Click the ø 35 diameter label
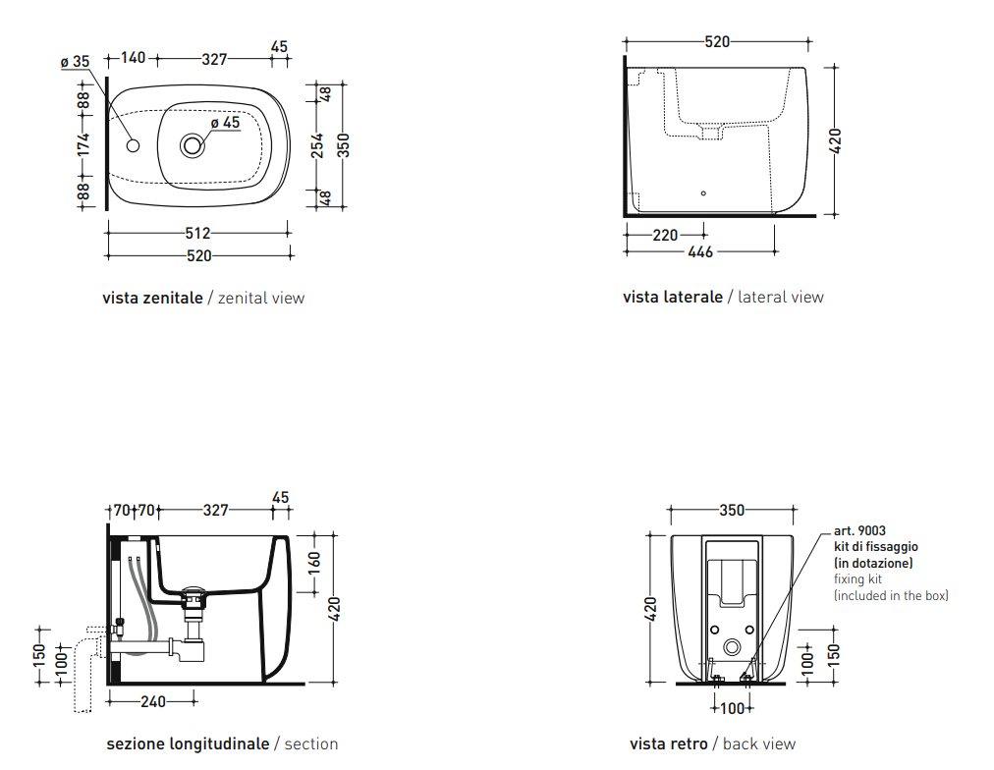(75, 62)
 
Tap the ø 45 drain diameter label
(226, 123)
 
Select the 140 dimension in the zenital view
(134, 58)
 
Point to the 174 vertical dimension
(83, 144)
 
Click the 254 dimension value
(317, 145)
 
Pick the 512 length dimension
(197, 233)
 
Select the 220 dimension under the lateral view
(665, 235)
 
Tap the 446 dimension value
(700, 252)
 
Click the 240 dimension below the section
(153, 701)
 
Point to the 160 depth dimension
(313, 562)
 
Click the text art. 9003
(859, 531)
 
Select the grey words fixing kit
(857, 578)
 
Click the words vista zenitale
(153, 298)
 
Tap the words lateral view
(780, 297)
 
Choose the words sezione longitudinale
(188, 743)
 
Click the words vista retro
(668, 743)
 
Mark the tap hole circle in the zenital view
(134, 145)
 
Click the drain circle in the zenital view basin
(193, 145)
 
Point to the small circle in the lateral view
(703, 193)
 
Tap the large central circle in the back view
(732, 647)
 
